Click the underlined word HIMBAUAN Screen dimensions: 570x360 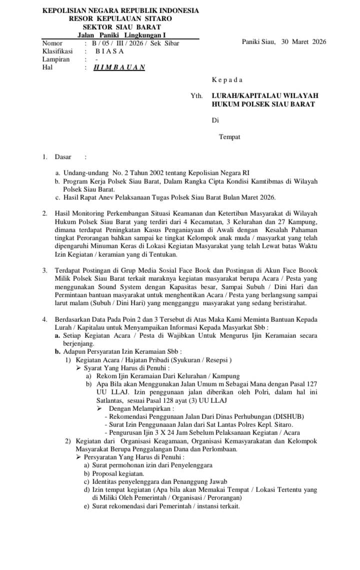tap(119, 68)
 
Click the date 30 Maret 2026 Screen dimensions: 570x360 tap(303, 42)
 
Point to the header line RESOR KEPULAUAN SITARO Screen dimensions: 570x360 tap(120, 19)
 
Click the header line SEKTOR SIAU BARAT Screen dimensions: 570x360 tap(121, 27)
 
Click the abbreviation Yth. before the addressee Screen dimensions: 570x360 tap(196, 95)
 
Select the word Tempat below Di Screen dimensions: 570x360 tap(229, 137)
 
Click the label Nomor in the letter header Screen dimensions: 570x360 tap(52, 43)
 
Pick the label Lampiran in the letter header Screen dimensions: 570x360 tap(56, 59)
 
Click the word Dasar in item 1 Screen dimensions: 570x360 tap(63, 157)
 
